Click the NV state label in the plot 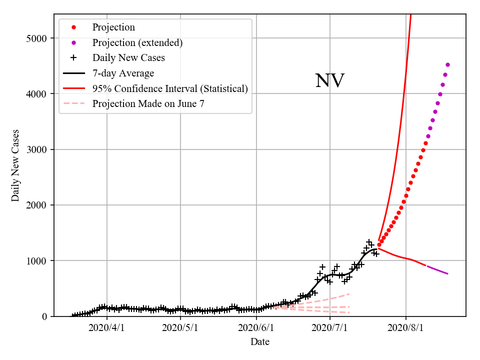(x=329, y=81)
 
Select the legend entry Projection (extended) (x=137, y=42)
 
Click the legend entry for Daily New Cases (x=128, y=58)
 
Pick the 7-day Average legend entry (x=123, y=73)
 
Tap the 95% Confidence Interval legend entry (x=170, y=89)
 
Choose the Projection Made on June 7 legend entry (x=148, y=104)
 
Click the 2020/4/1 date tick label (x=106, y=328)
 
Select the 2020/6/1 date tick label (x=256, y=328)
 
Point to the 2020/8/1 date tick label (x=406, y=328)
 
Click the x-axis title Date (x=260, y=342)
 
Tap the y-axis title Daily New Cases (x=15, y=165)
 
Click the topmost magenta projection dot (x=447, y=64)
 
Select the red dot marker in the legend (x=73, y=27)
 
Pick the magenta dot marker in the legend (x=73, y=42)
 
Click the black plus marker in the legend (x=73, y=58)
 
